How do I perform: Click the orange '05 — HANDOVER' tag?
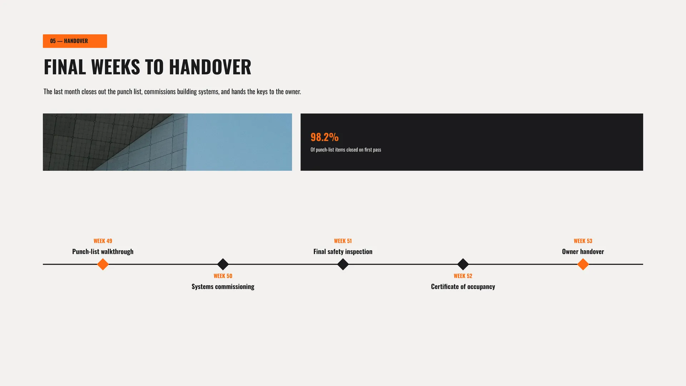click(x=75, y=41)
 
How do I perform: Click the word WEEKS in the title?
click(x=115, y=67)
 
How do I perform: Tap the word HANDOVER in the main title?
click(x=210, y=67)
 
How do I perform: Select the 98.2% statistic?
click(x=324, y=137)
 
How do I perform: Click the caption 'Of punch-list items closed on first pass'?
click(x=346, y=150)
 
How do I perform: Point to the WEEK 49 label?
click(x=103, y=241)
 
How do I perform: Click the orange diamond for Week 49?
click(x=103, y=264)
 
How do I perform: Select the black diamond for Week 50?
click(x=223, y=264)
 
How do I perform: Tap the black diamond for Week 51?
click(x=343, y=264)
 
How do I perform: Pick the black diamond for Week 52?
click(x=463, y=264)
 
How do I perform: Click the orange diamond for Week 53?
click(x=583, y=264)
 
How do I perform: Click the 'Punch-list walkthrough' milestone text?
click(x=103, y=252)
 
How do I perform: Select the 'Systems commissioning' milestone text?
click(x=223, y=287)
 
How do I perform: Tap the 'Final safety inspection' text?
click(x=343, y=252)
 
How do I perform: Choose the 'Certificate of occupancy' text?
click(x=463, y=287)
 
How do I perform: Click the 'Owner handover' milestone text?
click(x=583, y=252)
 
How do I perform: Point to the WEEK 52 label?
click(x=463, y=276)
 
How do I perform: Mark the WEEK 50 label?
click(x=223, y=276)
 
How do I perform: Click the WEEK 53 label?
click(x=583, y=241)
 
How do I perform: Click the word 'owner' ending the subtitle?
click(x=293, y=92)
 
